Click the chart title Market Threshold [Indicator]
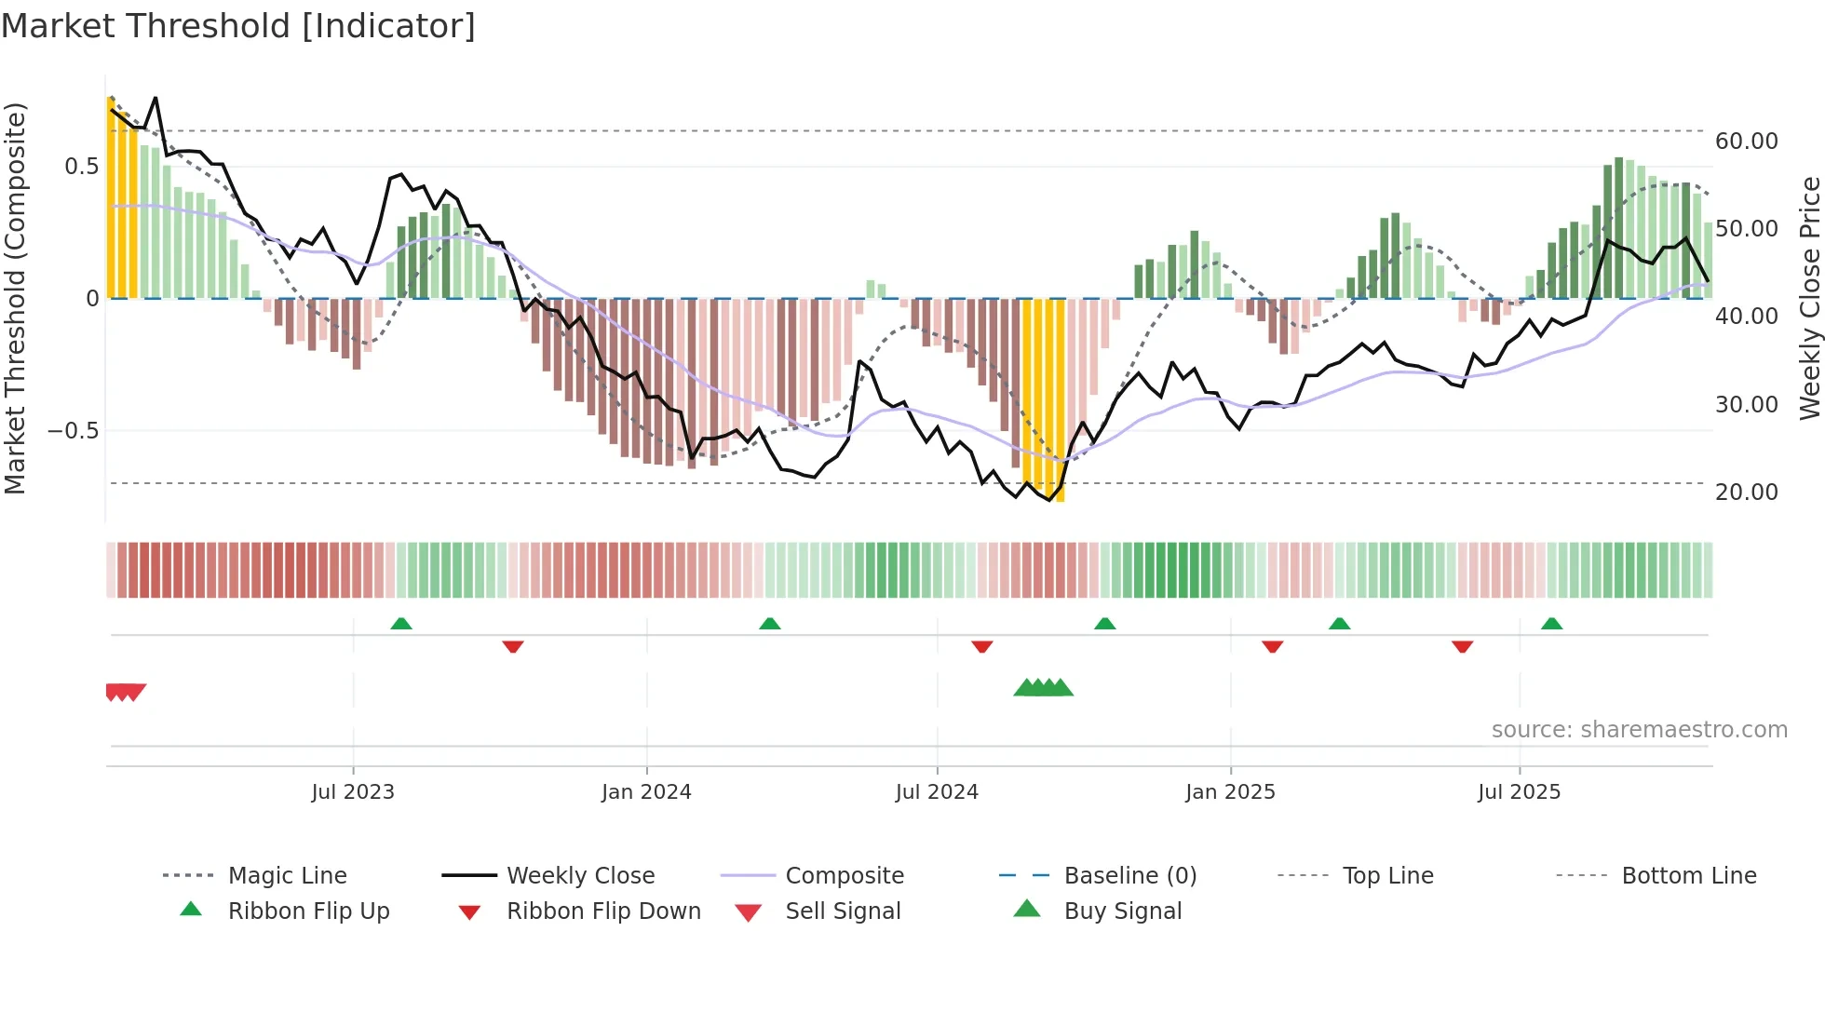[x=238, y=26]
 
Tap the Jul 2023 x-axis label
[x=353, y=792]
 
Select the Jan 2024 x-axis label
[x=646, y=792]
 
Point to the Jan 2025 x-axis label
[x=1230, y=792]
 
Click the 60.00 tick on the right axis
[x=1747, y=142]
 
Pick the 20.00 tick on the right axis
[x=1747, y=493]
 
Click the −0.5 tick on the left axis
[x=73, y=431]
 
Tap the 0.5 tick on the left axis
[x=81, y=167]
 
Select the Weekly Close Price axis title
[x=1809, y=298]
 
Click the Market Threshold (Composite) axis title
[x=15, y=298]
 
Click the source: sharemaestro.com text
[x=1639, y=730]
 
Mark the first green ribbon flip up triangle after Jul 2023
[x=401, y=624]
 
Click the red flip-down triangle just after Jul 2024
[x=982, y=646]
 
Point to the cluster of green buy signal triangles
[x=1044, y=688]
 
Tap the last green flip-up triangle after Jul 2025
[x=1551, y=624]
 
